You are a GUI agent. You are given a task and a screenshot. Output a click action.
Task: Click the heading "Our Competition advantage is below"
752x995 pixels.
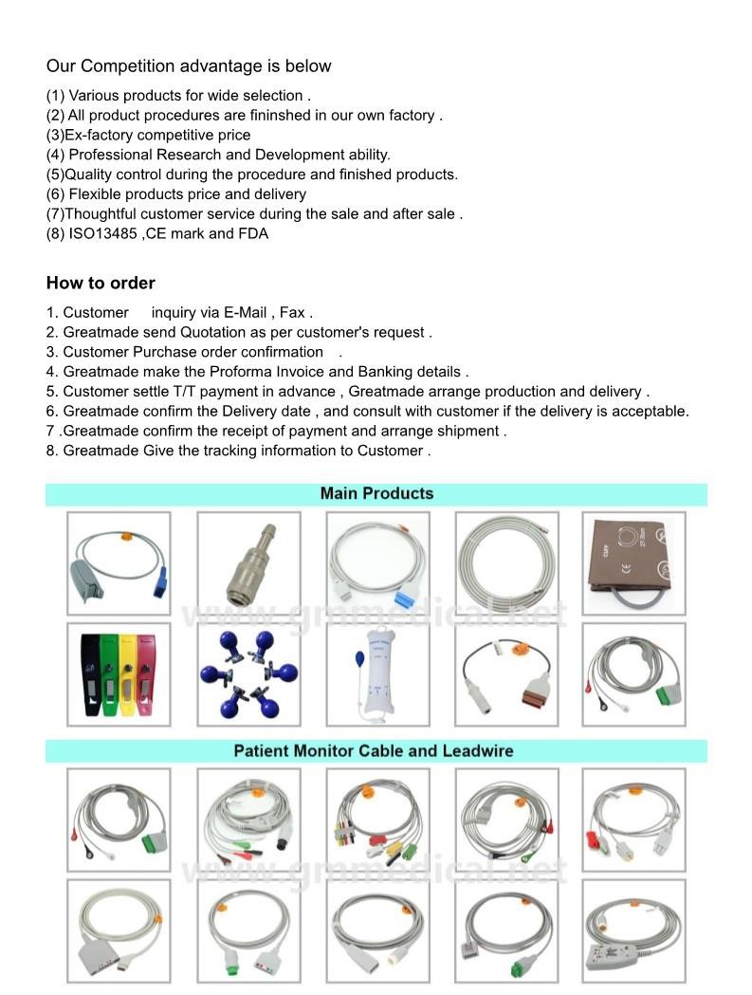coord(189,66)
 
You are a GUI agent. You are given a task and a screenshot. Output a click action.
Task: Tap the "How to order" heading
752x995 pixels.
coord(101,283)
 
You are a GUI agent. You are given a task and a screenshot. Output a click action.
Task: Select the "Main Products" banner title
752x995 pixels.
coord(376,493)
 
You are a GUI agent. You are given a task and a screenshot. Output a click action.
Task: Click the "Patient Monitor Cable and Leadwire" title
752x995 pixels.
coord(374,750)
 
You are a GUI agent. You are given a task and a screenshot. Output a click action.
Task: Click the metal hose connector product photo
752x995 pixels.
coord(248,563)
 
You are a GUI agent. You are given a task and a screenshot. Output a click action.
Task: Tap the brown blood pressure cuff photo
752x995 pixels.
coord(633,563)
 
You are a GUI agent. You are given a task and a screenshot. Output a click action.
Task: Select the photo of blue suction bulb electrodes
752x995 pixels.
coord(248,674)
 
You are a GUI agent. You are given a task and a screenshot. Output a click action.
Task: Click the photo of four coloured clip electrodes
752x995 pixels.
coord(119,674)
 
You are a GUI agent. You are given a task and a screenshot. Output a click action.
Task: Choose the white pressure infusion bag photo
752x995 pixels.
coord(377,674)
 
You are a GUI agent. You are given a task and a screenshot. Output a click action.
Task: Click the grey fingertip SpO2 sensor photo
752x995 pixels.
coord(119,563)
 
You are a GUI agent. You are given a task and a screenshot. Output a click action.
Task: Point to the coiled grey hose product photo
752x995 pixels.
coord(506,563)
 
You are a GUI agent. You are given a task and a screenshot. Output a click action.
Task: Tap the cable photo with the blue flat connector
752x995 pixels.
coord(377,563)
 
